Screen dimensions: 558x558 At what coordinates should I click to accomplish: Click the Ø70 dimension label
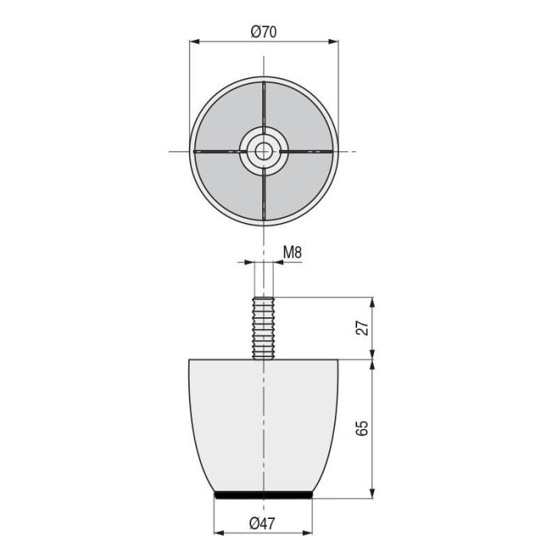pos(263,32)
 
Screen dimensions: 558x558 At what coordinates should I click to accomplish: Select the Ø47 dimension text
pos(263,523)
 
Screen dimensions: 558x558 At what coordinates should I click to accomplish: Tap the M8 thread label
pos(293,253)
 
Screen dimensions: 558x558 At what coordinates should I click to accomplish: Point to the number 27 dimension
pos(363,328)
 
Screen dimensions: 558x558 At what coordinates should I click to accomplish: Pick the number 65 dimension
pos(363,428)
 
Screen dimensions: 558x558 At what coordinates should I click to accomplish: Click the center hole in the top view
pos(264,151)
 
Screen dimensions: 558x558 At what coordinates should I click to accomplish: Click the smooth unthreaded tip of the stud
pos(264,279)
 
